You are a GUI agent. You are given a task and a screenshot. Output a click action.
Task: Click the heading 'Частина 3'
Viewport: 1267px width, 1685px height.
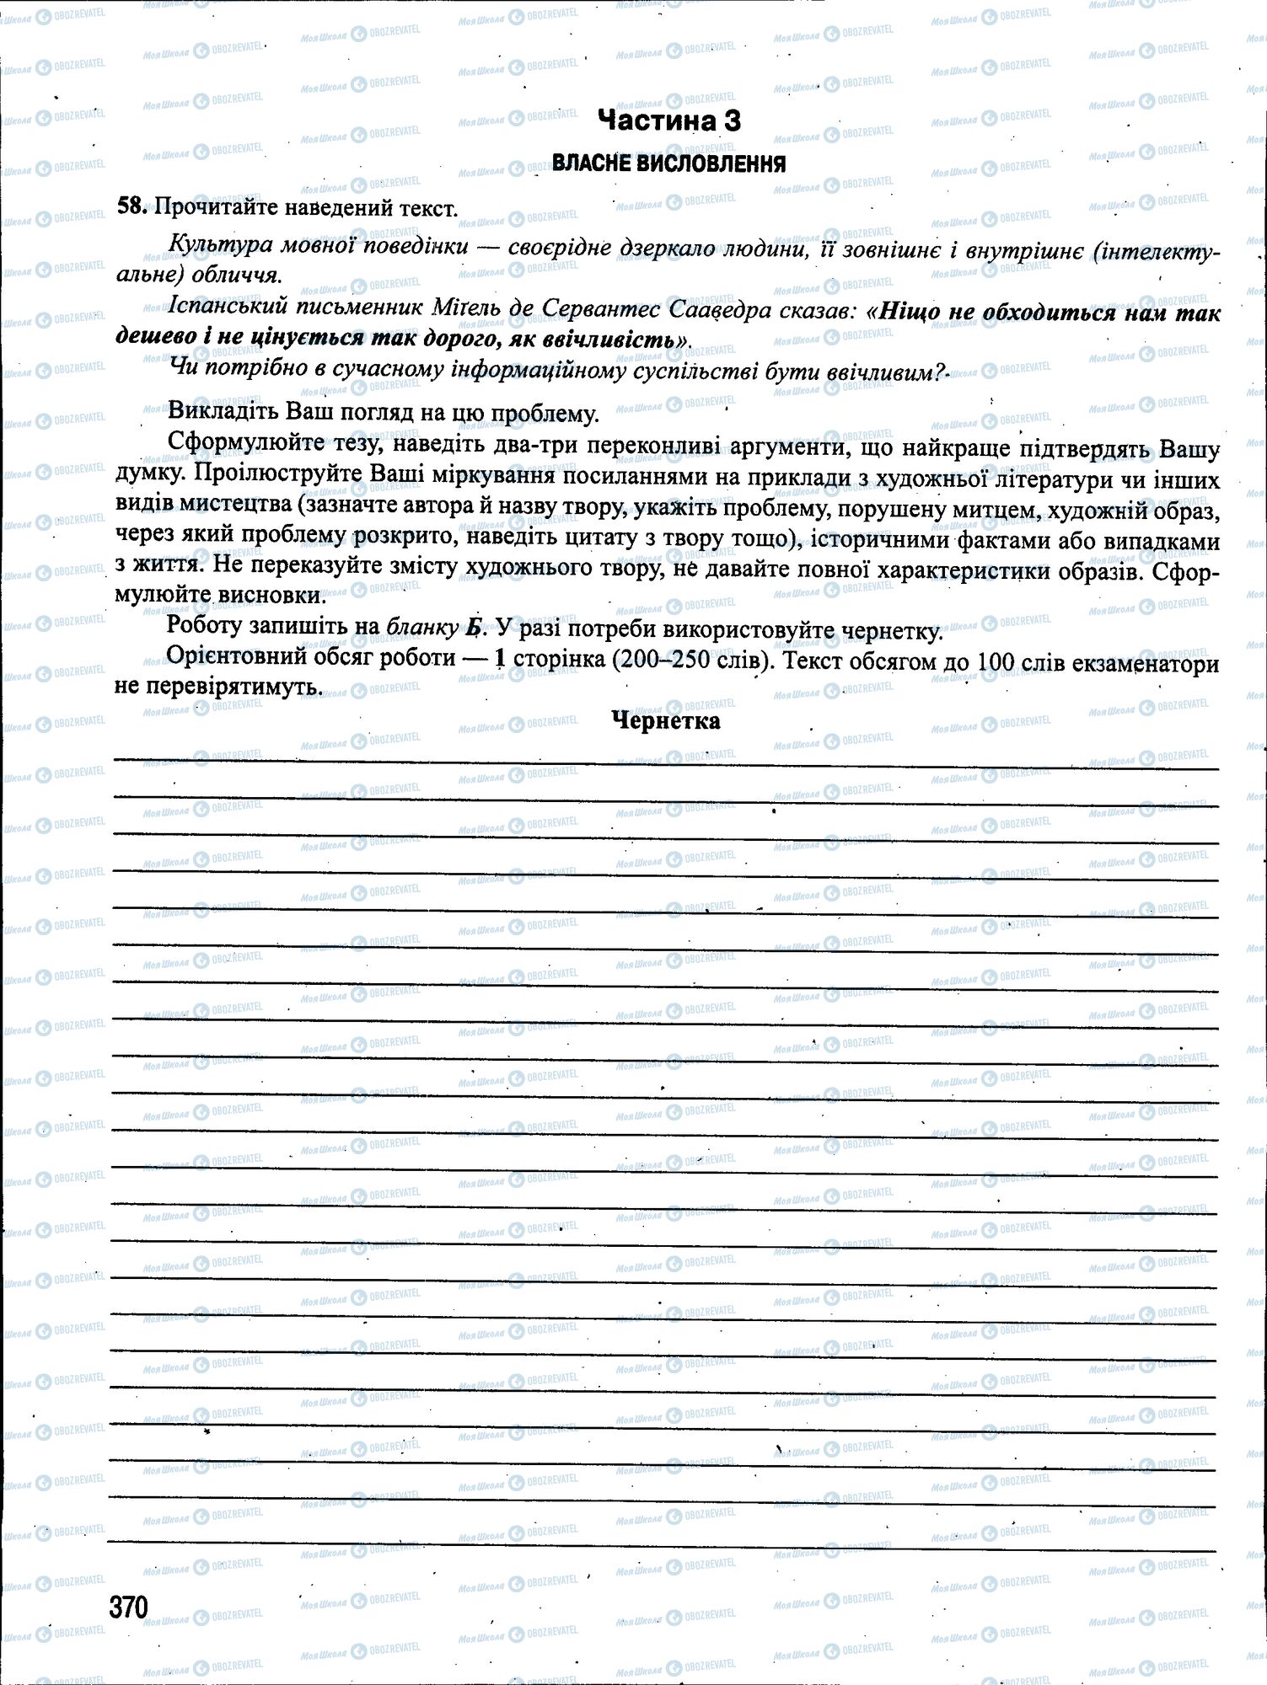pyautogui.click(x=668, y=120)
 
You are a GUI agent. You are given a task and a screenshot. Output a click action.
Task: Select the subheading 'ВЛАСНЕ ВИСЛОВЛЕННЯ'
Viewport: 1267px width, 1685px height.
pyautogui.click(x=668, y=163)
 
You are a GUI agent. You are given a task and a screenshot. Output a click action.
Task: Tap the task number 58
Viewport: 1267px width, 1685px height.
pyautogui.click(x=132, y=206)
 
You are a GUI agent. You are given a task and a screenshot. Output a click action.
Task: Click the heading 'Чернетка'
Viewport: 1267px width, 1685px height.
pyautogui.click(x=666, y=720)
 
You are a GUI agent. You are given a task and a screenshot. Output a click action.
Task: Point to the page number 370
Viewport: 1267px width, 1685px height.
pyautogui.click(x=129, y=1607)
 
